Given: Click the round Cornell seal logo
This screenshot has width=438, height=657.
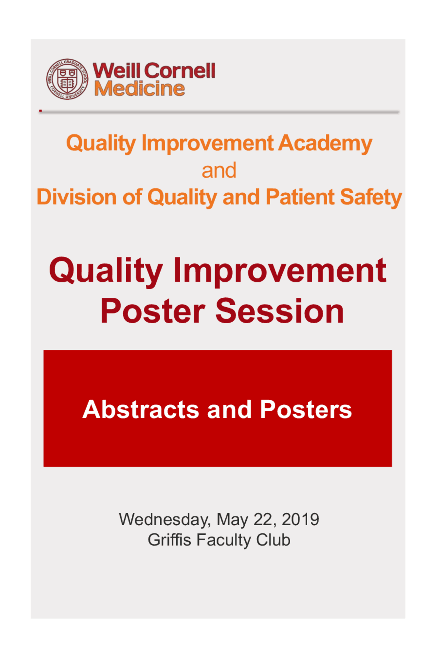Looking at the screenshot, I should (67, 79).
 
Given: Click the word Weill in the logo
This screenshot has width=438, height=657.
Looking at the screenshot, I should (117, 70).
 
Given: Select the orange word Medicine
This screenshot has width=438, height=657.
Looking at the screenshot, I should (139, 89).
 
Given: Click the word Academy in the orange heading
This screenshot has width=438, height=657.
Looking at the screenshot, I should (325, 143).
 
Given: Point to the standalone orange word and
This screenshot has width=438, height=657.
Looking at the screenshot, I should (219, 170).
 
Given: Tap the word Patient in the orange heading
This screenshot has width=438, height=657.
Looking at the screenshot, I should (300, 197).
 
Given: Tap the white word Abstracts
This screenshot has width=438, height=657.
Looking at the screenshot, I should (141, 409).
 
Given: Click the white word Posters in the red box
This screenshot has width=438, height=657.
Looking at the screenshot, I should (306, 409).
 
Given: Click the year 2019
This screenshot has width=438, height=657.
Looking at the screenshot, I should (300, 519).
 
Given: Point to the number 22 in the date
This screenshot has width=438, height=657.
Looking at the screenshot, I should (262, 519).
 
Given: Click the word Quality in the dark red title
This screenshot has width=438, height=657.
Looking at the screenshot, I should (106, 271).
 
